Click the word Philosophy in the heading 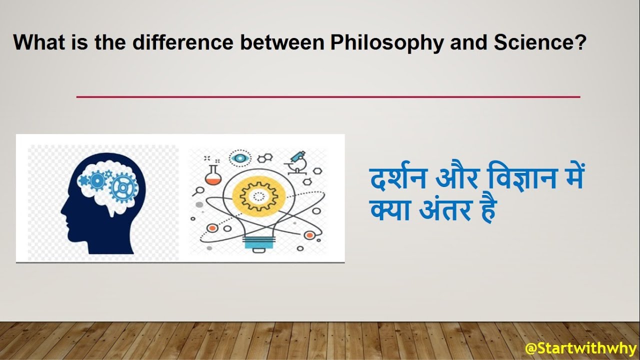point(386,43)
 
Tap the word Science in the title point(539,42)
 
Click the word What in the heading point(39,42)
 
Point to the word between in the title point(282,42)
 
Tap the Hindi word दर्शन point(398,176)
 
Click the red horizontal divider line point(328,97)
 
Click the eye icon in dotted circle point(240,158)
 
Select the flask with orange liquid point(213,174)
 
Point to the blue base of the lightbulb point(259,243)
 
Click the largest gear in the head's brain point(123,187)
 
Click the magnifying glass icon point(198,191)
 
